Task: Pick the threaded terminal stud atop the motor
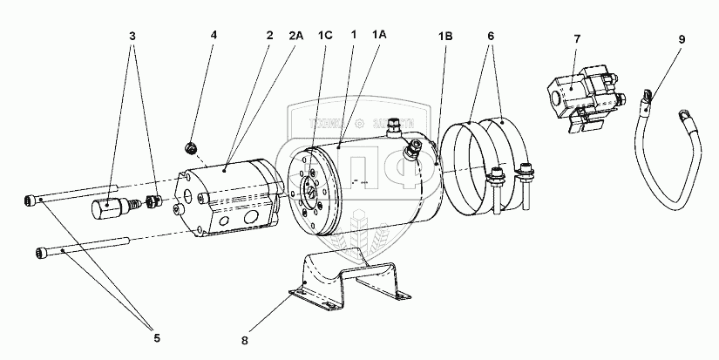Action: pyautogui.click(x=395, y=128)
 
